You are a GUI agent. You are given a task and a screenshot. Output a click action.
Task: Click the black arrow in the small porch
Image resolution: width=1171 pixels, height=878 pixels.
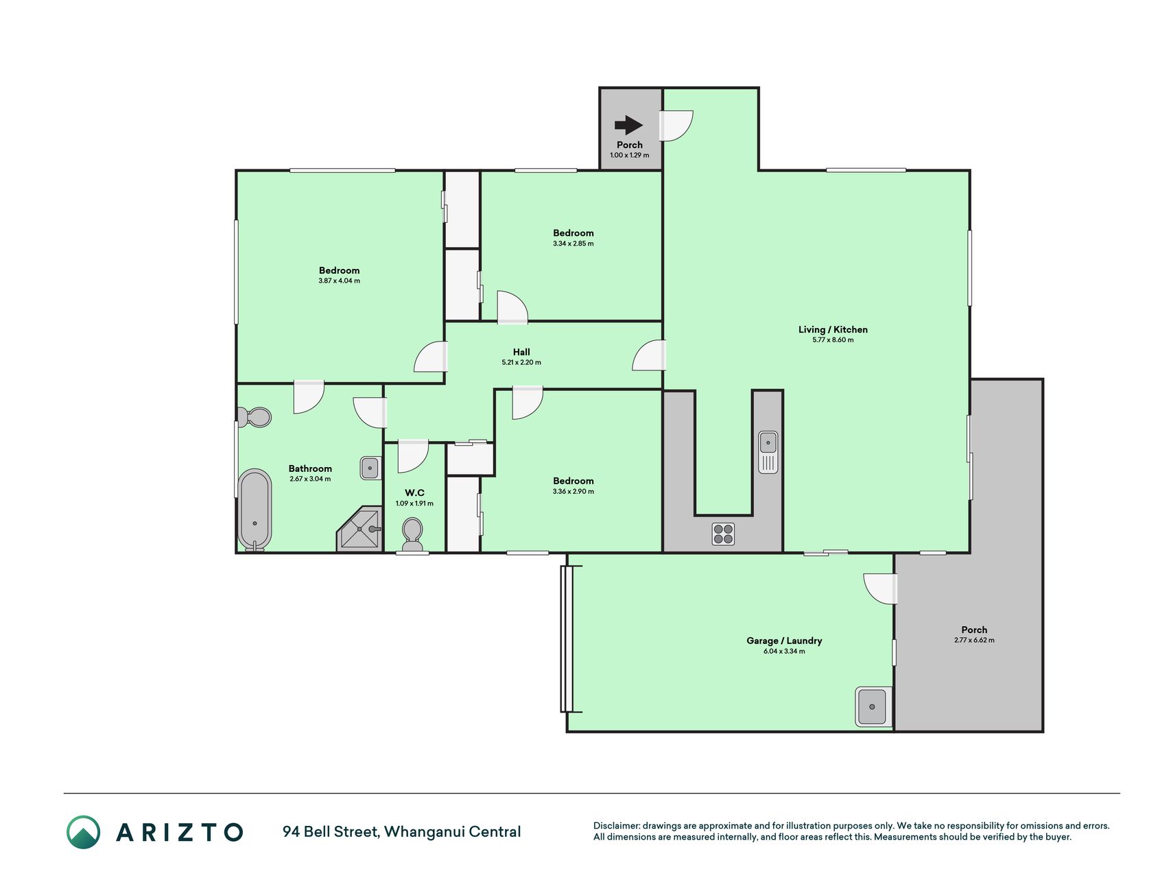(628, 125)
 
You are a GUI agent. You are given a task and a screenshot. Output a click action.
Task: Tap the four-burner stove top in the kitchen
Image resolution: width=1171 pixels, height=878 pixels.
(723, 534)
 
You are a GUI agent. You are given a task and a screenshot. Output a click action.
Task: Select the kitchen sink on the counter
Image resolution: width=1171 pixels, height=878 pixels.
(768, 451)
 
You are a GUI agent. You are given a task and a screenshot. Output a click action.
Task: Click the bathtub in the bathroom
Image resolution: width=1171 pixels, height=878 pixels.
(255, 510)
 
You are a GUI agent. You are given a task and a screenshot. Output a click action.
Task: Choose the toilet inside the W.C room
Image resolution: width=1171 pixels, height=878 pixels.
(412, 535)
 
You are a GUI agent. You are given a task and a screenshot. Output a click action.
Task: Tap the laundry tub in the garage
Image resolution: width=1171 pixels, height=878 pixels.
(873, 707)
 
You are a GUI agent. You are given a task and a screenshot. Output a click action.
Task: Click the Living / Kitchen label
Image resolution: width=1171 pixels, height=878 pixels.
(833, 329)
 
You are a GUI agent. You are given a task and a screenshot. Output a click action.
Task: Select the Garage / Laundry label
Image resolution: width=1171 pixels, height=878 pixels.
(784, 641)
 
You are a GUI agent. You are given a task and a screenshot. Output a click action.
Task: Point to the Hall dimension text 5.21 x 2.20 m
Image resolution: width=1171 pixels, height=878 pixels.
(521, 362)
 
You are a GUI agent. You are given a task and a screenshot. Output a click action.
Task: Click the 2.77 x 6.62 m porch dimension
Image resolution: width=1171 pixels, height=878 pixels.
(974, 640)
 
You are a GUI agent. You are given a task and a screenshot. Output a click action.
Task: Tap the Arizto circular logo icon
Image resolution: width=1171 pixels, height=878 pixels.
(84, 832)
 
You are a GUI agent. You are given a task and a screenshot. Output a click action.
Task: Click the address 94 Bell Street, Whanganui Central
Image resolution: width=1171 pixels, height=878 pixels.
(402, 832)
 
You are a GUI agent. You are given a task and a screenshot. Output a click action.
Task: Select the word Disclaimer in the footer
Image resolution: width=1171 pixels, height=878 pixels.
(616, 826)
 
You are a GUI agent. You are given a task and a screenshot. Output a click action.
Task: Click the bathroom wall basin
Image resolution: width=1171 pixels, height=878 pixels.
(370, 468)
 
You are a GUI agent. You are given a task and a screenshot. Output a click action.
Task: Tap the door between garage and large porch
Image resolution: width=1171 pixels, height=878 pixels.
(880, 589)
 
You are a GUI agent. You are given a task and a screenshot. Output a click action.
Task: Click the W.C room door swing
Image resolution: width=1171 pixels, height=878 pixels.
(413, 457)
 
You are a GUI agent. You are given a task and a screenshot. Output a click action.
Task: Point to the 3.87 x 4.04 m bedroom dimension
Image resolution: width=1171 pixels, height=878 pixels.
(339, 281)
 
